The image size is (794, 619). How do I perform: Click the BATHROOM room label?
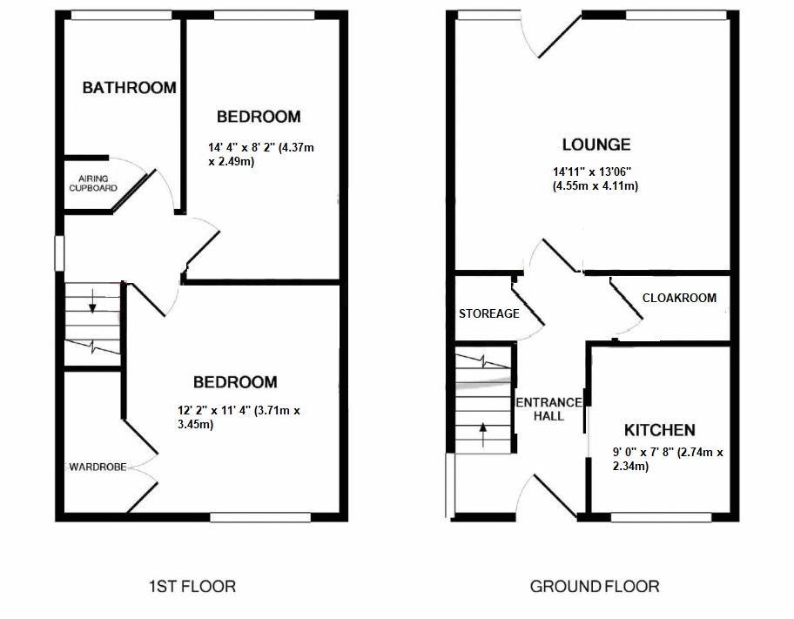point(129,87)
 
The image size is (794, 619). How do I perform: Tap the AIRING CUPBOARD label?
point(92,184)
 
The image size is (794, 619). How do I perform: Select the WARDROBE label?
point(98,468)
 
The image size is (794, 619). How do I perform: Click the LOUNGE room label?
point(595,145)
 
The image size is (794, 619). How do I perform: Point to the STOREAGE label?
point(488,313)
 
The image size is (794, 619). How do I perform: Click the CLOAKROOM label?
point(679,298)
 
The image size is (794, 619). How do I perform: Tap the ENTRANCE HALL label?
point(548,409)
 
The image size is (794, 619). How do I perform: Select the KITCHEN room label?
point(659,430)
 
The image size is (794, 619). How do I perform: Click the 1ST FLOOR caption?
point(192,587)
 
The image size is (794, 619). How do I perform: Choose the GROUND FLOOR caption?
point(595,587)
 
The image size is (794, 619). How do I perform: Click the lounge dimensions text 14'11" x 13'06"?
point(595,179)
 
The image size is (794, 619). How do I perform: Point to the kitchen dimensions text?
point(668,459)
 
